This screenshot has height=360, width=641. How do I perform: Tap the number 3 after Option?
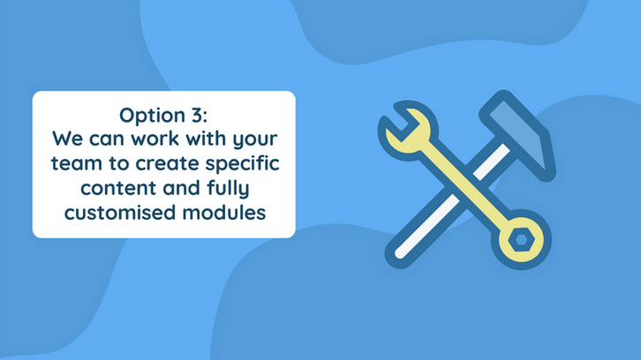(x=199, y=115)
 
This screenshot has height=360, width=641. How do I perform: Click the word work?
(x=155, y=139)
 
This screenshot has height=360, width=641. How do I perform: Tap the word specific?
(x=243, y=164)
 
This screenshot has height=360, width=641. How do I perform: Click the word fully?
(x=228, y=189)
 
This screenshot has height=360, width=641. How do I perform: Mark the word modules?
(x=224, y=213)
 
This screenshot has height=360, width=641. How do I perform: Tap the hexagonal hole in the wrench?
(x=521, y=239)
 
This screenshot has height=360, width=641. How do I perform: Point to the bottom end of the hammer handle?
(x=399, y=254)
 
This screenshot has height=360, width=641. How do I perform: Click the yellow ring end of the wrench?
(x=521, y=240)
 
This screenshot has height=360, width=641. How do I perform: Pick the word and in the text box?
(x=182, y=188)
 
